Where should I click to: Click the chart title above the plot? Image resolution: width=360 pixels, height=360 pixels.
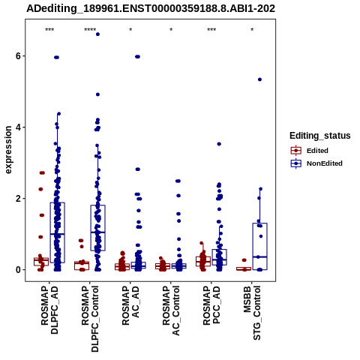tap(151, 8)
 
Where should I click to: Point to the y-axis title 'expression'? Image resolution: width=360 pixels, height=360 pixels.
tap(8, 150)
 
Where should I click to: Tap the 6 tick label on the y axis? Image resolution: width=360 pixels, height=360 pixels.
tap(18, 56)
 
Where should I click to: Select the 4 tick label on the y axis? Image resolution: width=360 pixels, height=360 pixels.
tap(18, 127)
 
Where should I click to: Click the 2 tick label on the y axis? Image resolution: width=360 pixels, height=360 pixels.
tap(18, 199)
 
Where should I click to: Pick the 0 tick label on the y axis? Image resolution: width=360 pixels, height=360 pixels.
tap(18, 270)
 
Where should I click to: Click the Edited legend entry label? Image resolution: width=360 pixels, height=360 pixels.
tap(317, 151)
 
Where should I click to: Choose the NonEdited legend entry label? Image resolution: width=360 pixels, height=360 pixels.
tap(325, 163)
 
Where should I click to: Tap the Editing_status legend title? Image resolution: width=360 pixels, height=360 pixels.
tap(320, 136)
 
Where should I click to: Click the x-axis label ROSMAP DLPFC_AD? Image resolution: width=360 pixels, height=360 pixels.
tap(49, 310)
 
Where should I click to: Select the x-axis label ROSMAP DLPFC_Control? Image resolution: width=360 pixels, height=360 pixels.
tap(90, 319)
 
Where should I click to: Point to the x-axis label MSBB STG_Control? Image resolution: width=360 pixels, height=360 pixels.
tap(252, 313)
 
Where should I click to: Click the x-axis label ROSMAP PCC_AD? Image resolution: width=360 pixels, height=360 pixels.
tap(211, 305)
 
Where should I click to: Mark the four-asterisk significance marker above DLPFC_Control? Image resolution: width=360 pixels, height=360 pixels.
tap(90, 30)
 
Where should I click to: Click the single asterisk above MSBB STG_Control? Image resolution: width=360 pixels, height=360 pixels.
tap(252, 30)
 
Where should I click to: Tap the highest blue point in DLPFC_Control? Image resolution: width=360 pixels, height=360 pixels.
tap(97, 34)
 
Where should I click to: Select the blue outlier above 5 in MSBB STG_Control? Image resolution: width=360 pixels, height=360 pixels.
tap(259, 79)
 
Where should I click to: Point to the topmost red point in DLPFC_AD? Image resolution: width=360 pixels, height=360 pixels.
tap(42, 172)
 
